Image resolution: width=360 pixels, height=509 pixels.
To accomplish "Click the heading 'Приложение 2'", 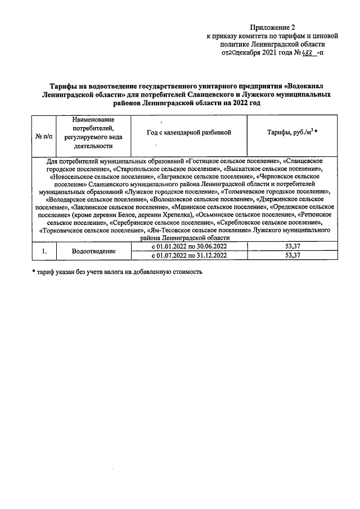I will (x=272, y=27).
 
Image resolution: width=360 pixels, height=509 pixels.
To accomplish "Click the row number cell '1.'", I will (x=44, y=251).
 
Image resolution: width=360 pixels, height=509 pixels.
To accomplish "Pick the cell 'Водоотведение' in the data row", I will (x=93, y=251).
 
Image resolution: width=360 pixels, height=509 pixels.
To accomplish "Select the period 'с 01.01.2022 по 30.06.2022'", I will (x=190, y=246).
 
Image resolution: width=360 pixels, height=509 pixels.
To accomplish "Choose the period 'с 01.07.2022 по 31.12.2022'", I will (x=190, y=255).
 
